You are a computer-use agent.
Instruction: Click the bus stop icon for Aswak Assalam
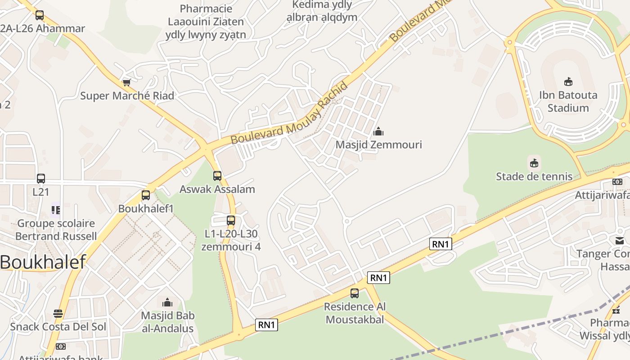point(217,175)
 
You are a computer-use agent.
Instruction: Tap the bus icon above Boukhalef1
point(145,195)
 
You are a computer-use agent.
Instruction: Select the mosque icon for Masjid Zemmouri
point(378,131)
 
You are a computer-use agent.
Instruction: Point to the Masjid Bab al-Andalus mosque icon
point(167,302)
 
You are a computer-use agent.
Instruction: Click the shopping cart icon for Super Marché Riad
point(126,83)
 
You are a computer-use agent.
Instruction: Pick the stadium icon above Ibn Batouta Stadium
point(568,81)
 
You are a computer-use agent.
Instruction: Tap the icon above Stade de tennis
point(534,162)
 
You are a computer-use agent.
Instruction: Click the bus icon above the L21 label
point(41,178)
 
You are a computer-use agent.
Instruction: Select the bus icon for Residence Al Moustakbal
point(355,293)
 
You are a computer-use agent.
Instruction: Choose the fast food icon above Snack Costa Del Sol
point(58,313)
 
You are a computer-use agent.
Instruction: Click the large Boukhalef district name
point(43,262)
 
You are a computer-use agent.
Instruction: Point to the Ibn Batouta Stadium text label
point(568,102)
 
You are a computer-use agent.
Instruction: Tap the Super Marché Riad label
point(127,96)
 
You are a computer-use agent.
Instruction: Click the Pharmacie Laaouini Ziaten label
point(206,22)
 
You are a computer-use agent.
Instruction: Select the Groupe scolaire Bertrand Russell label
point(56,229)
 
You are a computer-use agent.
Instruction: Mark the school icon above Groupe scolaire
point(56,210)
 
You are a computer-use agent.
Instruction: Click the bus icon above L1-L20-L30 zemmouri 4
point(231,220)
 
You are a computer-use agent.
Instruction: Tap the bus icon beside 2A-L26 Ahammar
point(40,15)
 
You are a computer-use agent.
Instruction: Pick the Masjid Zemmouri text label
point(379,145)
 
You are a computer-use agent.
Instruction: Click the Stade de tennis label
point(534,176)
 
